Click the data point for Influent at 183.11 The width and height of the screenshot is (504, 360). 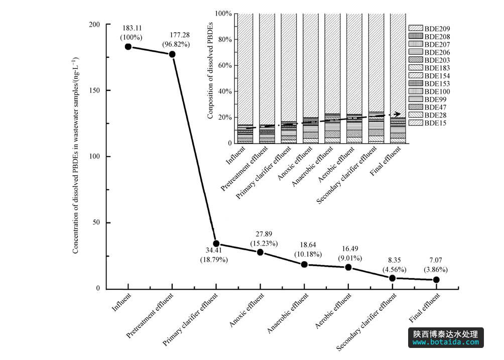128,47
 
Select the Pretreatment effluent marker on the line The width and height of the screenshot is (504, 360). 172,54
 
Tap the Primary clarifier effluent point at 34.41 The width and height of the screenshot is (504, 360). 216,244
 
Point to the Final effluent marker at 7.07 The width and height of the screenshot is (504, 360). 436,280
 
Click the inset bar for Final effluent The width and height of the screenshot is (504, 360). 398,78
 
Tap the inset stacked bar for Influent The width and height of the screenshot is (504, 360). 244,78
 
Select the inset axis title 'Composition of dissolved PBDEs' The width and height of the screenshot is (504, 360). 211,78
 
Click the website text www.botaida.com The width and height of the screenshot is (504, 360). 446,342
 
